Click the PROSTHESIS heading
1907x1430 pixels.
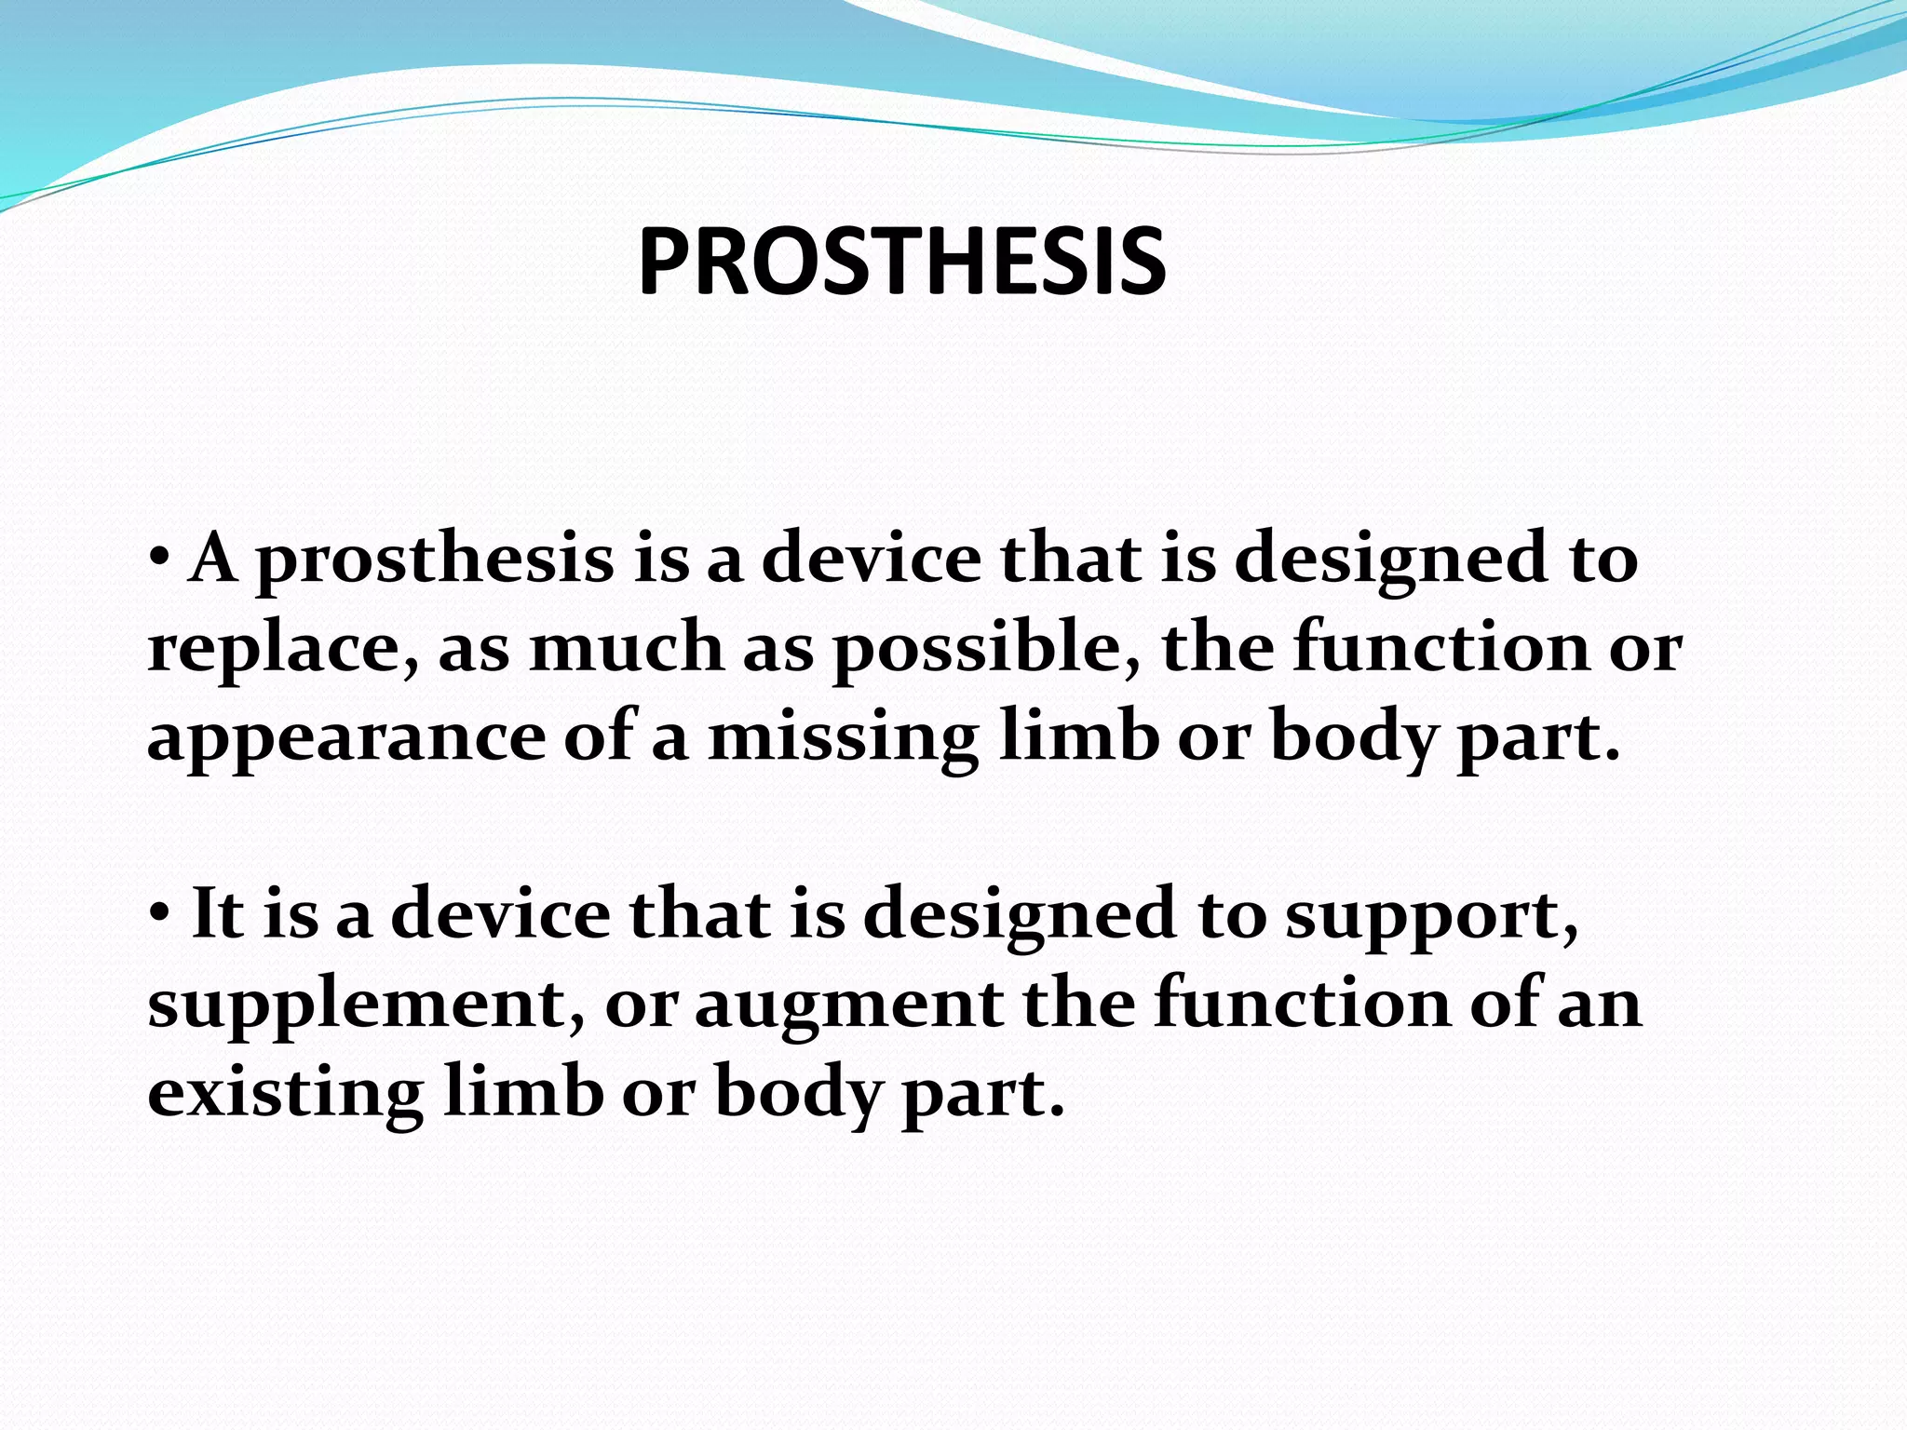[901, 263]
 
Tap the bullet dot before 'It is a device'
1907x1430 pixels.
[159, 913]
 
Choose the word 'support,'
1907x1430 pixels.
[1431, 918]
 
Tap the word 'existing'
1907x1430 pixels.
[285, 1095]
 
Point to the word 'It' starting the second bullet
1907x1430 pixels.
[216, 913]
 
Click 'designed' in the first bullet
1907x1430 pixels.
[1391, 561]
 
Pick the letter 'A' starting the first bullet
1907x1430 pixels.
[211, 558]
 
